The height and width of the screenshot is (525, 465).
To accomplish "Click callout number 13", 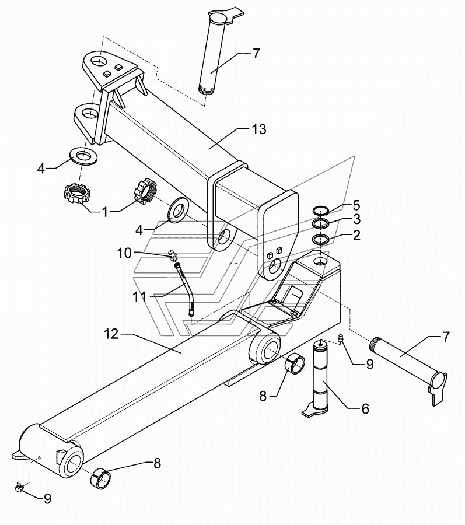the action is [259, 129].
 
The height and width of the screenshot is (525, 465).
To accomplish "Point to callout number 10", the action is [124, 253].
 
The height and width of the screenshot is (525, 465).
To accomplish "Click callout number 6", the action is [365, 408].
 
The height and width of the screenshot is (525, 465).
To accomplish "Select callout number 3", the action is [356, 219].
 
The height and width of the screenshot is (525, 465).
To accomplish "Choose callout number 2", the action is [356, 235].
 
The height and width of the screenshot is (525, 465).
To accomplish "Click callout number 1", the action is [105, 212].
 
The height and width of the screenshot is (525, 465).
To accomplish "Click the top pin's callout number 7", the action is [256, 54].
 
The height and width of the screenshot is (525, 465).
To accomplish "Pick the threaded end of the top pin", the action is [205, 90].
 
